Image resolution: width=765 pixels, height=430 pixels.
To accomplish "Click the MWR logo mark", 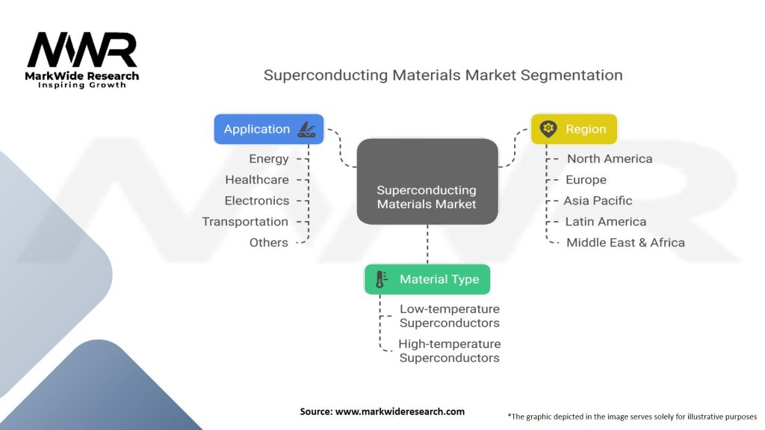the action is pyautogui.click(x=82, y=50).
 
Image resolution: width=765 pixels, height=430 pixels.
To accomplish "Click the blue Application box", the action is pyautogui.click(x=269, y=129).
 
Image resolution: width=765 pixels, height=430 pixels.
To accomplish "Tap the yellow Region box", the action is pyautogui.click(x=574, y=129).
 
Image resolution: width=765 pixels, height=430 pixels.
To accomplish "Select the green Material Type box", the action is pyautogui.click(x=427, y=279).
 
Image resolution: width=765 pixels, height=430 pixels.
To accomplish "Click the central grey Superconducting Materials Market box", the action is pyautogui.click(x=427, y=181).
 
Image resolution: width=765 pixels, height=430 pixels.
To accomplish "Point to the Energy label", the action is pyautogui.click(x=269, y=159).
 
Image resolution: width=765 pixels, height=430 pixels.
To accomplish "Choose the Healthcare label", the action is pyautogui.click(x=257, y=180).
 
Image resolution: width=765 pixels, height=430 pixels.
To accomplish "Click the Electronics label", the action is pyautogui.click(x=257, y=201).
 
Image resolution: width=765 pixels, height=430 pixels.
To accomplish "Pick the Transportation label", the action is pyautogui.click(x=245, y=222).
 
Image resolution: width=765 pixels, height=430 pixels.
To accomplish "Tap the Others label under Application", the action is pyautogui.click(x=269, y=243).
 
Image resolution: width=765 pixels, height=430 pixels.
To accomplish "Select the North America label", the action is pyautogui.click(x=610, y=159).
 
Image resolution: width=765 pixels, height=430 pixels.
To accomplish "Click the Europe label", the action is pyautogui.click(x=586, y=180).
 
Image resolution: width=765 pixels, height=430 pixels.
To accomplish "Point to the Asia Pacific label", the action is pyautogui.click(x=598, y=201).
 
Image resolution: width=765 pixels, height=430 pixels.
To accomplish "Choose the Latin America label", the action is pyautogui.click(x=605, y=222).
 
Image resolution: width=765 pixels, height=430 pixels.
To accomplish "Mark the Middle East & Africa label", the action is pyautogui.click(x=625, y=243).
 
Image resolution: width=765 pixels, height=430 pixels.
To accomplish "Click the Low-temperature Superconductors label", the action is pyautogui.click(x=449, y=316).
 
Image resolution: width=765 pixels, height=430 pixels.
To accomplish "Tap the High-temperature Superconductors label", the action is pyautogui.click(x=449, y=351).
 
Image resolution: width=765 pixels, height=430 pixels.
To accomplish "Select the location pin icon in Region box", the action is pyautogui.click(x=548, y=128).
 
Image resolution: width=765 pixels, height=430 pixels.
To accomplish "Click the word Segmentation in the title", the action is pyautogui.click(x=572, y=75).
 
